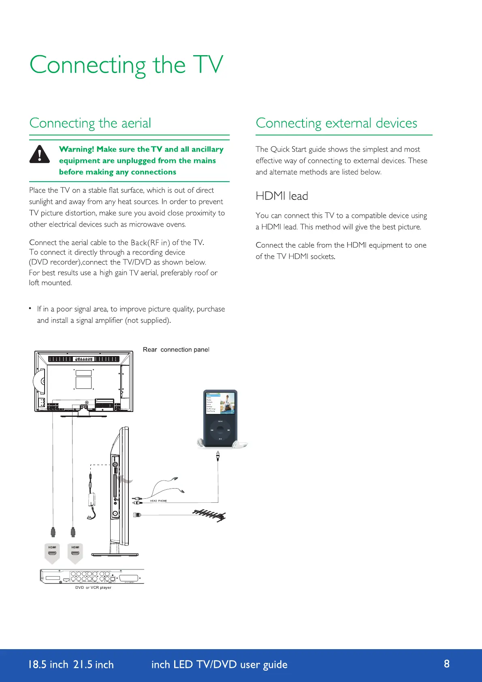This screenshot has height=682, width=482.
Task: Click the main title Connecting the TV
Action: (x=126, y=65)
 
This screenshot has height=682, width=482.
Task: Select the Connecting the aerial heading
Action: (x=90, y=123)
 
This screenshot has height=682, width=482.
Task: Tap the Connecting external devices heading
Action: (x=336, y=123)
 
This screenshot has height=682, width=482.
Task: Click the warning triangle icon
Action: (x=40, y=154)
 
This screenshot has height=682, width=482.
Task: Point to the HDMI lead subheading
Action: (x=282, y=196)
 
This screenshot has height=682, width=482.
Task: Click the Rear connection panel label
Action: (x=176, y=350)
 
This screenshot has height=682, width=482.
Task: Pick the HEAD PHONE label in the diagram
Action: (x=158, y=501)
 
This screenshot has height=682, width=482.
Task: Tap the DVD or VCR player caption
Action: (x=93, y=588)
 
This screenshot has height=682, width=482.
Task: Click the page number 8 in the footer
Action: (x=447, y=664)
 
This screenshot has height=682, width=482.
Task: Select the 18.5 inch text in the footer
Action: (x=48, y=665)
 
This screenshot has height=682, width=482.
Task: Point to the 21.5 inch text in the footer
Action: (x=94, y=665)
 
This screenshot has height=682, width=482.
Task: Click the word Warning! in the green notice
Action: (x=77, y=149)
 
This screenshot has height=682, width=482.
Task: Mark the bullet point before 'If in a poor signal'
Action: (x=30, y=309)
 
